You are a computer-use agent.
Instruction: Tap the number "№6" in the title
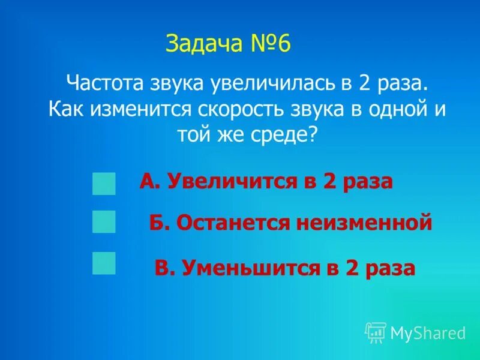click(x=268, y=44)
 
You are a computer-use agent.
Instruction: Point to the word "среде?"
click(x=275, y=134)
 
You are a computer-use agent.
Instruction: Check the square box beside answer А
click(x=104, y=183)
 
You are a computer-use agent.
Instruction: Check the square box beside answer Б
click(x=104, y=221)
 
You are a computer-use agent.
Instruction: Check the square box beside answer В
click(x=104, y=263)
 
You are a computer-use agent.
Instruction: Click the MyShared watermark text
click(x=428, y=333)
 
